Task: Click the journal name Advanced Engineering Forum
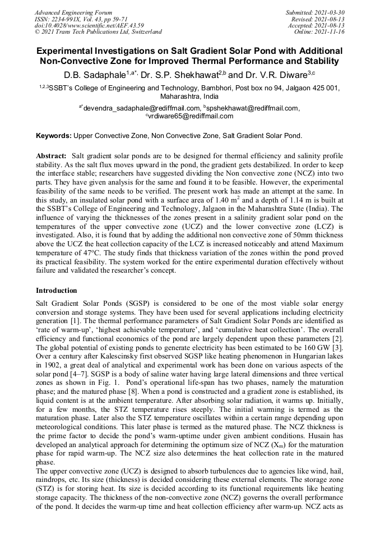point(73,12)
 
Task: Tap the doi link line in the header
point(89,25)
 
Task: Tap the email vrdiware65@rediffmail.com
point(191,116)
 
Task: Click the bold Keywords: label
point(54,136)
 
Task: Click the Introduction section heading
point(57,291)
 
